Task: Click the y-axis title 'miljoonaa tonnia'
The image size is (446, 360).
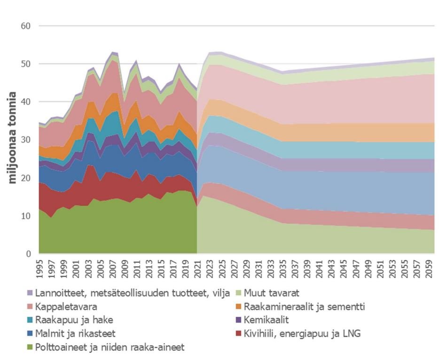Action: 13,137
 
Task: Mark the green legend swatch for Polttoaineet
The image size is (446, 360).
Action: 30,348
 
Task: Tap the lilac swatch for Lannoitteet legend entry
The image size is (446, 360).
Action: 30,293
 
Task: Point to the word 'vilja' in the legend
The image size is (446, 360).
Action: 220,293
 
